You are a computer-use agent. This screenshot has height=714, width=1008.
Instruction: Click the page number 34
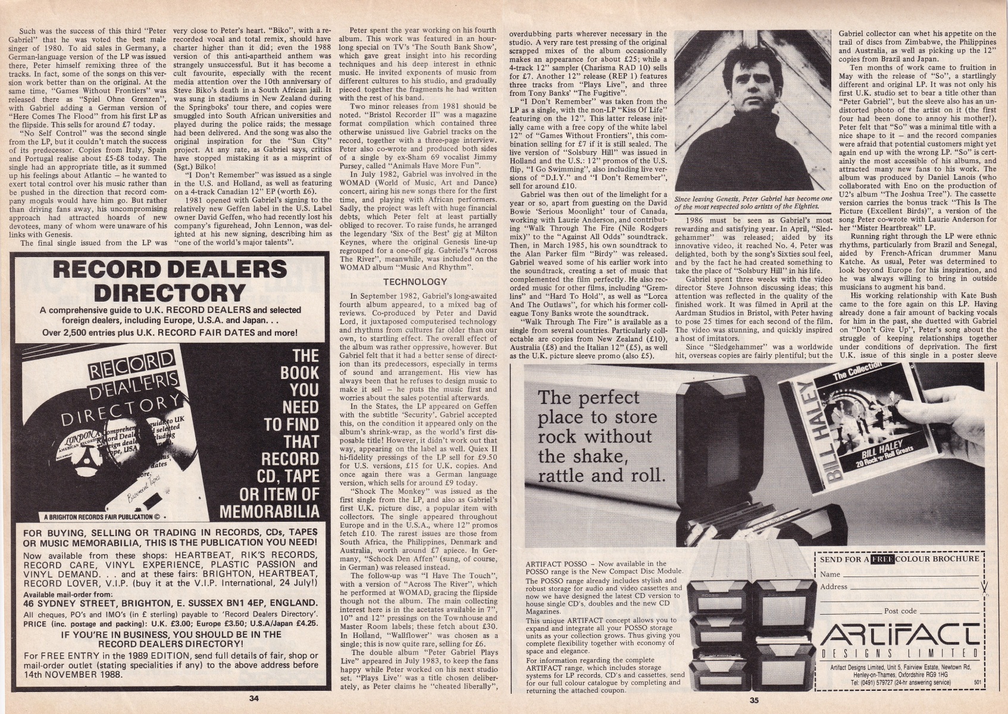(253, 699)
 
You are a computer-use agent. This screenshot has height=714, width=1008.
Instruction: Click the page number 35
(754, 700)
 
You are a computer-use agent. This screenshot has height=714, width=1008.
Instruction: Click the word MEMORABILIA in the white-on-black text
(270, 512)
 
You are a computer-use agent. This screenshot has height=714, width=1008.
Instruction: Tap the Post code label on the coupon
(900, 611)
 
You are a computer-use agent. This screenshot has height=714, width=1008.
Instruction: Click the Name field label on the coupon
(829, 574)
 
